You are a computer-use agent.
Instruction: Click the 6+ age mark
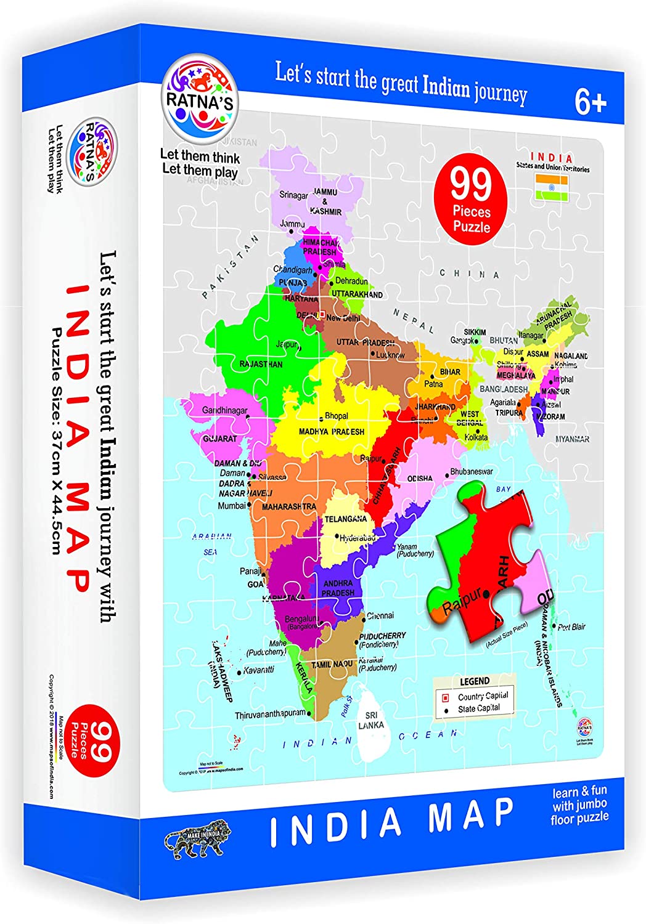point(591,102)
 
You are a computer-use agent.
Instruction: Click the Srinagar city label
point(293,195)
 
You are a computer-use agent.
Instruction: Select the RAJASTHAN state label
point(261,364)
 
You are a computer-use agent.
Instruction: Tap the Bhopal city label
point(337,416)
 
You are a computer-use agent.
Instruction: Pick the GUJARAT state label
point(220,439)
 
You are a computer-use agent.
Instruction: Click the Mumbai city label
point(232,506)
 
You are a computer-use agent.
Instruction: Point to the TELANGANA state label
point(346,519)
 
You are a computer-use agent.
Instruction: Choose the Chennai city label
point(380,615)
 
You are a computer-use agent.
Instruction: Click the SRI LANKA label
point(371,720)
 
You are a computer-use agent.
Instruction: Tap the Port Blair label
point(571,627)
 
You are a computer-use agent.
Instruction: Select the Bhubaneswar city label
point(472,472)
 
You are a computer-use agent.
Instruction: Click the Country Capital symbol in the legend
point(445,697)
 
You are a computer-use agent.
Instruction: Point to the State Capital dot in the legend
point(445,710)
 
